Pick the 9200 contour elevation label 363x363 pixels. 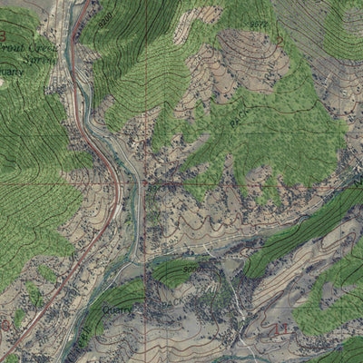106,16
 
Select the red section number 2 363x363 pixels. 280,41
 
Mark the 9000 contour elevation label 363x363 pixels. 191,270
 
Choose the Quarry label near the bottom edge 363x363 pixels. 117,309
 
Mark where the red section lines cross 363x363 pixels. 144,183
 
